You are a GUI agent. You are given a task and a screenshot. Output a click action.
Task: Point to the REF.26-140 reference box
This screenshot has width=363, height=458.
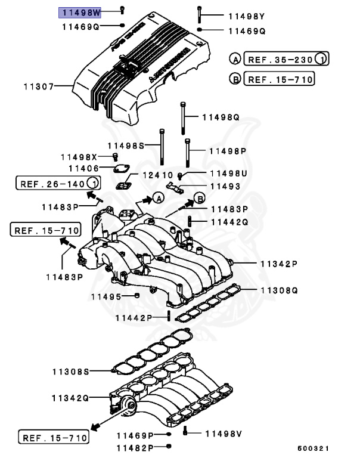pos(58,183)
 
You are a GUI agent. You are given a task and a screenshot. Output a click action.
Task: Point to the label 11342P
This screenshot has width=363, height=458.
pos(278,263)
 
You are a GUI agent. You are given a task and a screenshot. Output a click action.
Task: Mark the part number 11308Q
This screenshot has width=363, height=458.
pos(278,290)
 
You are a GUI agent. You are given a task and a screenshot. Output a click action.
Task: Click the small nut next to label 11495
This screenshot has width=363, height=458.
pos(136,296)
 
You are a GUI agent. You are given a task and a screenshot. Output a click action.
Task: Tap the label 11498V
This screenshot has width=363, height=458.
pos(224,433)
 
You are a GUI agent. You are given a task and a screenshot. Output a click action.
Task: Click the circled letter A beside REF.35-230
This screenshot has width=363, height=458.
pos(235,59)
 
